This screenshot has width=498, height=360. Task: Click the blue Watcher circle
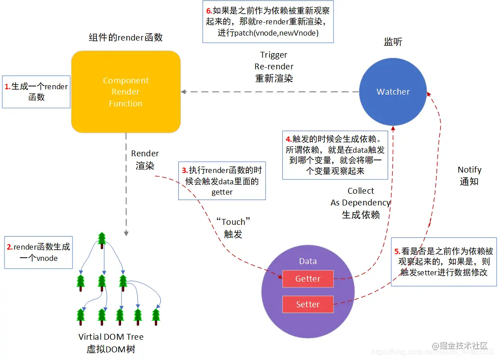click(393, 92)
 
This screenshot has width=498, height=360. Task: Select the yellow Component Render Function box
click(126, 92)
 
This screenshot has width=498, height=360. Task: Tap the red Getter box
click(308, 279)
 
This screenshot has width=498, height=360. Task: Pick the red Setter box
click(308, 305)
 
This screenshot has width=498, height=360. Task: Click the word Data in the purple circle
click(308, 261)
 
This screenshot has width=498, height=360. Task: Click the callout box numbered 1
click(36, 91)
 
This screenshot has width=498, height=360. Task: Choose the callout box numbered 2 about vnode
click(38, 252)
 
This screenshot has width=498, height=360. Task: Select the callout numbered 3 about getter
click(222, 181)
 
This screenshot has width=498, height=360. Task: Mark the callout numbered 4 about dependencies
click(335, 155)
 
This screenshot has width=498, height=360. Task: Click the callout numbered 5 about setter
click(444, 262)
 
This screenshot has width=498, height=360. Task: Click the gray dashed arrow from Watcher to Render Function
click(270, 92)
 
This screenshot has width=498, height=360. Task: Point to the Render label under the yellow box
click(145, 154)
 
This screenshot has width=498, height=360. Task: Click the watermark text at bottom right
click(459, 346)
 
